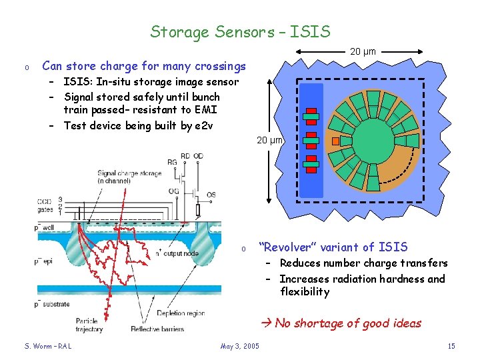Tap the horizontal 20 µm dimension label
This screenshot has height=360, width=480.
pyautogui.click(x=363, y=51)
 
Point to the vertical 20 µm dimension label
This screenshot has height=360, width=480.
pyautogui.click(x=271, y=140)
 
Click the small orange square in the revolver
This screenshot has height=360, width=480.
pyautogui.click(x=336, y=141)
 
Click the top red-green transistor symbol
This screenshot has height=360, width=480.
pyautogui.click(x=311, y=116)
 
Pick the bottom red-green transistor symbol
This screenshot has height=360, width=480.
pyautogui.click(x=311, y=163)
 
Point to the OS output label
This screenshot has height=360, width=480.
pyautogui.click(x=211, y=195)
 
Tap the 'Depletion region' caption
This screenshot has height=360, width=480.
pyautogui.click(x=182, y=313)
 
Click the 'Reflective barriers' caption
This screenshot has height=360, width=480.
pyautogui.click(x=157, y=329)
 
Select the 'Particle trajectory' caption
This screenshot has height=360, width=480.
pyautogui.click(x=105, y=325)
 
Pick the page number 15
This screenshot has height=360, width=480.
pyautogui.click(x=451, y=346)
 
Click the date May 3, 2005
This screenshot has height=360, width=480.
pyautogui.click(x=240, y=346)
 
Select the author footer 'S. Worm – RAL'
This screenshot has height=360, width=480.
pyautogui.click(x=48, y=346)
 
